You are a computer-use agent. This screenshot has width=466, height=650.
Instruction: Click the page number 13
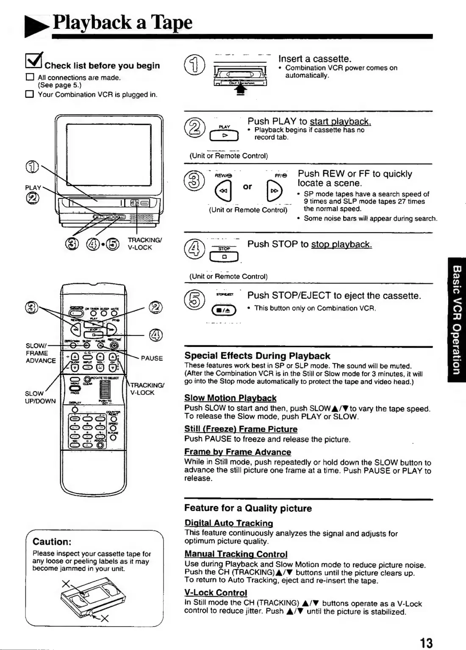tap(426, 643)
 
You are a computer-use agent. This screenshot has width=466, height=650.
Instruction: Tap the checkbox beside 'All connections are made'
tap(29, 78)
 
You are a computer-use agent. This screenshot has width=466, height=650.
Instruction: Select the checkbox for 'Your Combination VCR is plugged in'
tap(29, 94)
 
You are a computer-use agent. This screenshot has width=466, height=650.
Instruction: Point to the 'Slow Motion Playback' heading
tap(230, 398)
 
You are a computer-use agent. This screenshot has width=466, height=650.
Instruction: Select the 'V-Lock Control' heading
tap(215, 592)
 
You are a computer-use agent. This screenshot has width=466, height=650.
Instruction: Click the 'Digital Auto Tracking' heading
tap(228, 523)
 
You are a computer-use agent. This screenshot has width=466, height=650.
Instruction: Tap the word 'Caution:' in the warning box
tap(52, 542)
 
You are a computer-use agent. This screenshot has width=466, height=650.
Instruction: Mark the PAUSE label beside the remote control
tap(152, 358)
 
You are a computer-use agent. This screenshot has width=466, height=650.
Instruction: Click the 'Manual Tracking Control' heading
tap(236, 554)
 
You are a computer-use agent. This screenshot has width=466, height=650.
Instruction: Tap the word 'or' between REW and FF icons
tap(247, 186)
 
